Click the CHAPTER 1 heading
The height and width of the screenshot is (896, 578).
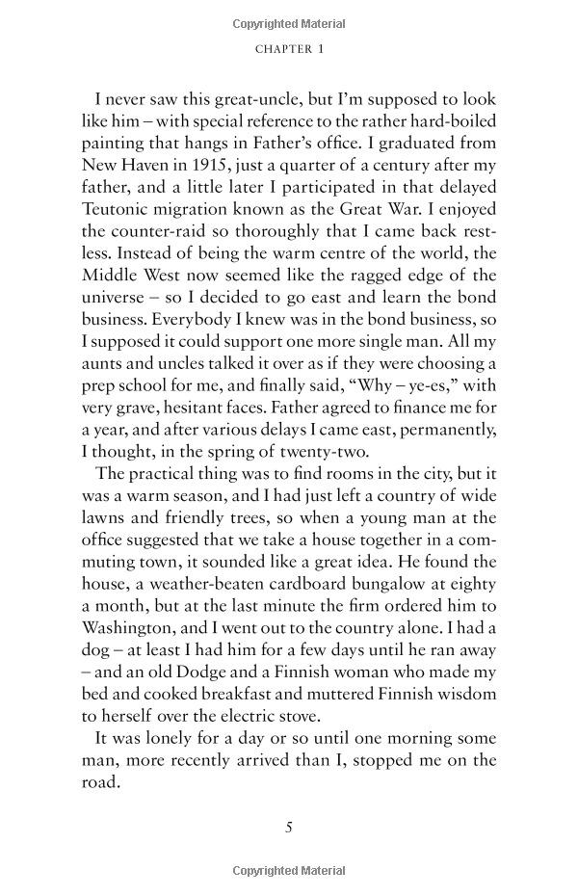coord(288,49)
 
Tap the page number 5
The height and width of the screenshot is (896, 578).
coord(288,826)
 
